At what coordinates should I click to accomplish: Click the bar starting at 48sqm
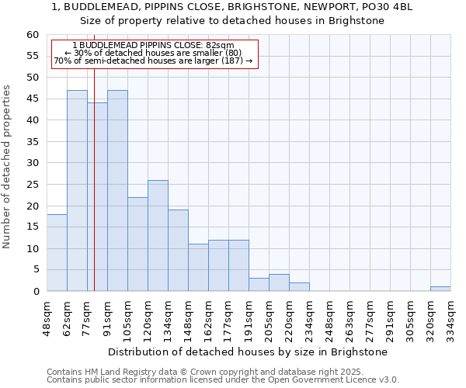(x=57, y=253)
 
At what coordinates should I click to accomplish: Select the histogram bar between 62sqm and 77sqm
(x=77, y=191)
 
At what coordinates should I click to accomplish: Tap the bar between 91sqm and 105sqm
(x=117, y=191)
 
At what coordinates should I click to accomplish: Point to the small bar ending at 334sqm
(x=440, y=289)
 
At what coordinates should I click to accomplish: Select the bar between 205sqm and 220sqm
(x=279, y=282)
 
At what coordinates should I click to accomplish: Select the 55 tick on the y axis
(x=33, y=56)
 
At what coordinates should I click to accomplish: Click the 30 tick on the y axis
(x=33, y=163)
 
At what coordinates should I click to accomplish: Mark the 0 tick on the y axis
(x=36, y=292)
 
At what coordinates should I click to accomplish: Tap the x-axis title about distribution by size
(x=248, y=352)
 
